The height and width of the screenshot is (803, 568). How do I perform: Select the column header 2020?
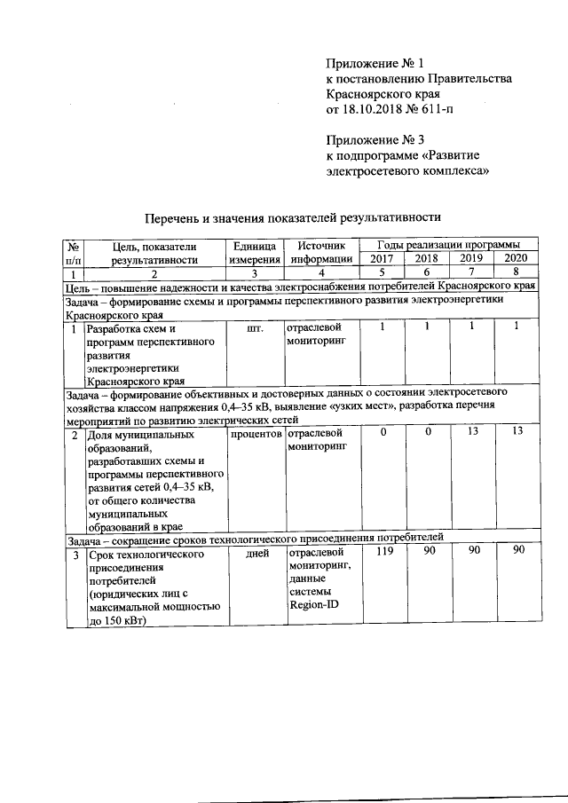pyautogui.click(x=515, y=258)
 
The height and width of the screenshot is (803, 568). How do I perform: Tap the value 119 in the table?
pyautogui.click(x=383, y=552)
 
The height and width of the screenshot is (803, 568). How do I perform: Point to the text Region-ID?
pyautogui.click(x=313, y=606)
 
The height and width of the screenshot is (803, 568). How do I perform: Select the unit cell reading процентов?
pyautogui.click(x=256, y=434)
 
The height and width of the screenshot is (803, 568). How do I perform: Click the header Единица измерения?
pyautogui.click(x=256, y=252)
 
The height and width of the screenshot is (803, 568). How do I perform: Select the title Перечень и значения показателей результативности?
pyautogui.click(x=293, y=216)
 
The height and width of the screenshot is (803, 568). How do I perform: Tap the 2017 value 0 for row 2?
pyautogui.click(x=383, y=433)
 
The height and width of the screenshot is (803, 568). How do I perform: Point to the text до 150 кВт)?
pyautogui.click(x=122, y=622)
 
